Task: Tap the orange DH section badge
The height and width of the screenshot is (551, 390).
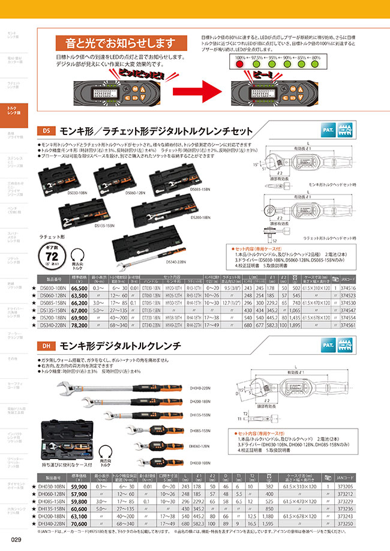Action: point(47,346)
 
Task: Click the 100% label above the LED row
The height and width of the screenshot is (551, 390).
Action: point(240,58)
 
